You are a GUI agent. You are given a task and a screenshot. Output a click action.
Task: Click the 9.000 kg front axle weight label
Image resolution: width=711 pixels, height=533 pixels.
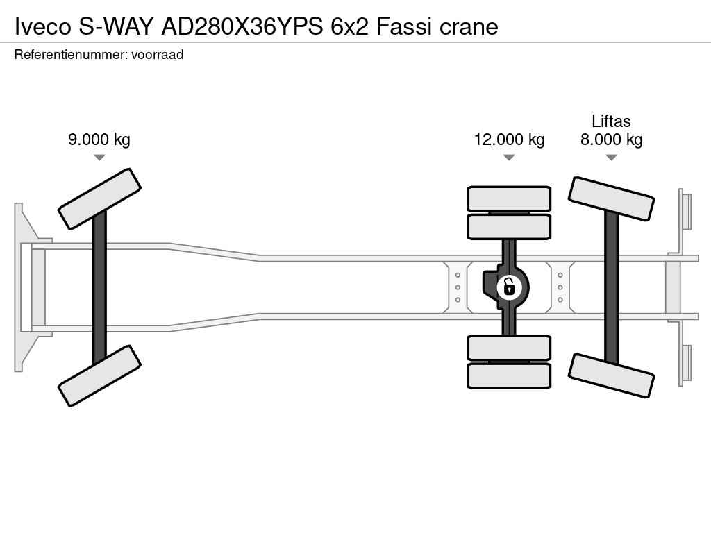pos(99,139)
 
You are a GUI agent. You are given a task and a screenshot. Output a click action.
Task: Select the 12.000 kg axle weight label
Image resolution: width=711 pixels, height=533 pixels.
pos(509,139)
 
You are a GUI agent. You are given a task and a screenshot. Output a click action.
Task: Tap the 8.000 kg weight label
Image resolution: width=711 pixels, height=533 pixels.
pos(611,139)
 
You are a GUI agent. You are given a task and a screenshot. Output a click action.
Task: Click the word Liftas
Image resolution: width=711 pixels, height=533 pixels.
pos(611,121)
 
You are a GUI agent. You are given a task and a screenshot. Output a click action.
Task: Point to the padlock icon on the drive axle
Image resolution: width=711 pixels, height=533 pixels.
pos(509,285)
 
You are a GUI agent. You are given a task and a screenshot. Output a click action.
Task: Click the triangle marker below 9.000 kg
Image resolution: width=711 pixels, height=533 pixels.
pos(99,158)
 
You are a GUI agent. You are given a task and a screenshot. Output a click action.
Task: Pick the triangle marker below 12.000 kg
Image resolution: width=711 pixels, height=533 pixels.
pos(509,158)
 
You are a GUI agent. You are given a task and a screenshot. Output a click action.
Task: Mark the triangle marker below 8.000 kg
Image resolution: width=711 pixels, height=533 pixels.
pos(611,158)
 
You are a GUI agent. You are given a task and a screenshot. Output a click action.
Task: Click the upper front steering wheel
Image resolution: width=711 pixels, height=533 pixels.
pos(99,198)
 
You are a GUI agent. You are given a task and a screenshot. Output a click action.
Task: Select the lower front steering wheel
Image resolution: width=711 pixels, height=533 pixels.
pos(99,375)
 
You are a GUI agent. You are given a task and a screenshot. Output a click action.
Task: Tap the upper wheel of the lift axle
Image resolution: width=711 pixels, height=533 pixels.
pos(611,198)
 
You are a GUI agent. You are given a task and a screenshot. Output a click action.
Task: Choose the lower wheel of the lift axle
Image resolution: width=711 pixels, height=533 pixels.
pos(611,375)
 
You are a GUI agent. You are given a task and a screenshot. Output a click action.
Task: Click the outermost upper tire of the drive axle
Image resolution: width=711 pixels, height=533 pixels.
pos(509,198)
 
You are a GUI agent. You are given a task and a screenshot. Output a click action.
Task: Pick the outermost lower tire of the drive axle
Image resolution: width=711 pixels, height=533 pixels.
pos(509,375)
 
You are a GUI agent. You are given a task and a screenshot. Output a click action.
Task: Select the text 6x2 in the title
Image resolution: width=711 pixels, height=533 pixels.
pos(351,26)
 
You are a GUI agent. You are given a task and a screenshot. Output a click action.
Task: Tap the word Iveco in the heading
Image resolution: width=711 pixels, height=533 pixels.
pos(43,26)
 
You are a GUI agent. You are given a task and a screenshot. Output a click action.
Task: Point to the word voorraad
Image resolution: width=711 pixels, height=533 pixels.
pos(157,54)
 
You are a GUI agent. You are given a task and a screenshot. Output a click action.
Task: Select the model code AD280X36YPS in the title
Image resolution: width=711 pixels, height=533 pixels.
pos(242,26)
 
